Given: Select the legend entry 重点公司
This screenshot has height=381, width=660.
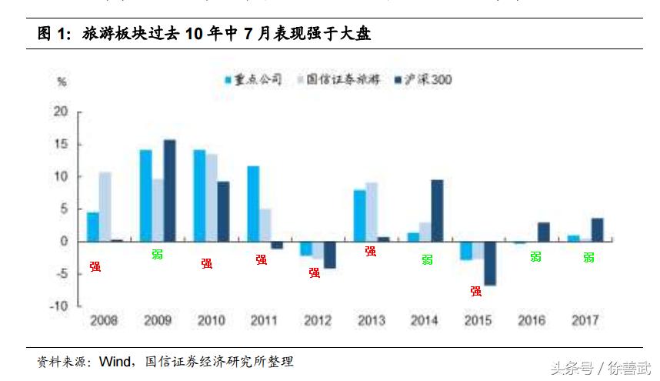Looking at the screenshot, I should point(254,79).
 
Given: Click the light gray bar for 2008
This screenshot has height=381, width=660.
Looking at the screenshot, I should point(105,206).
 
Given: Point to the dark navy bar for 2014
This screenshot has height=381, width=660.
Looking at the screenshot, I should point(436,210).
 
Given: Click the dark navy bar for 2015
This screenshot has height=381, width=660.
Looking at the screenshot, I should point(490,263).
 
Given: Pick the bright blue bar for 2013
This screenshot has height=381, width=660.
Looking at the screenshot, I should point(360,216).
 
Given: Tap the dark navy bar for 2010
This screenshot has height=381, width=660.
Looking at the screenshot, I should point(223,211).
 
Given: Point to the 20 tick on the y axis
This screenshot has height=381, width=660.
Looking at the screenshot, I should point(62,112).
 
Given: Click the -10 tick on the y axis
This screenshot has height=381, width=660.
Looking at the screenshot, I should point(60,306).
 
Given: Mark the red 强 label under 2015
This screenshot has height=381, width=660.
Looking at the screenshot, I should point(476,291).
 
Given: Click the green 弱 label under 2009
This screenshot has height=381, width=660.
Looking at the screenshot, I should point(157,255).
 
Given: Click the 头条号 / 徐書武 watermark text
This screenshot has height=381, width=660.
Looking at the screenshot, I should point(599,368).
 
